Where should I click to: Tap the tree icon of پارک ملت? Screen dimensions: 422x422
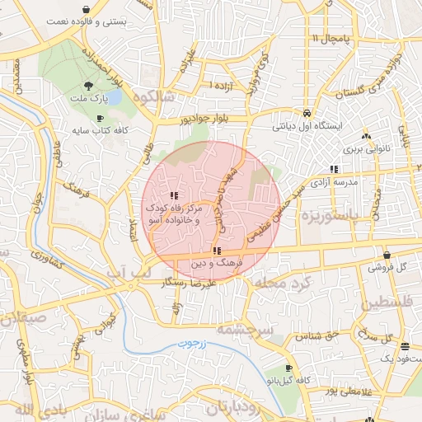[x=87, y=86]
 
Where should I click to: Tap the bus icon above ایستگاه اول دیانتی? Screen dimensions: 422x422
[x=307, y=113]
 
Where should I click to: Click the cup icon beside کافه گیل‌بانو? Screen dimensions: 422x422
[x=288, y=368]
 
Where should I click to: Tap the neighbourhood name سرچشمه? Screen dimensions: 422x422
[x=244, y=328]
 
